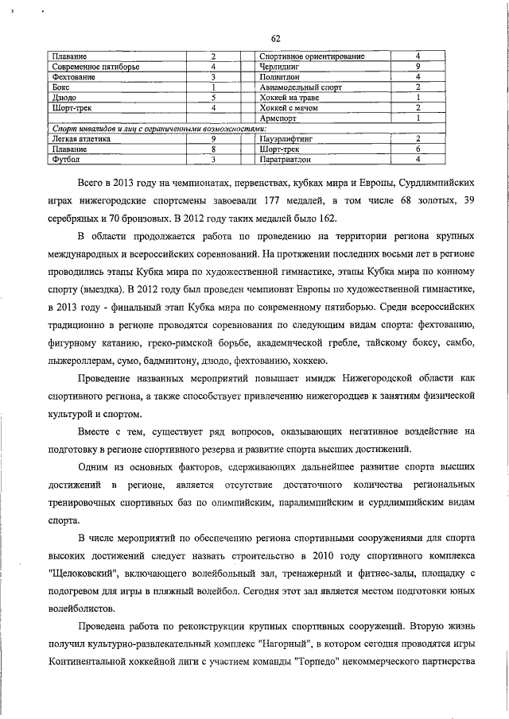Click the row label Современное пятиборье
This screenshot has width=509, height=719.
[90, 67]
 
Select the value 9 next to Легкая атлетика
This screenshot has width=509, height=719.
[214, 138]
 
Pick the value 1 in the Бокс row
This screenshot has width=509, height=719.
[214, 87]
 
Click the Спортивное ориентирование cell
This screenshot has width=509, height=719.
[312, 56]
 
